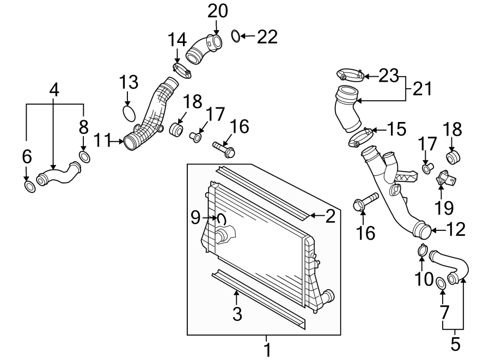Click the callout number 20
click(217, 10)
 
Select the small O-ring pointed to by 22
click(236, 36)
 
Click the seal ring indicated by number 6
click(30, 187)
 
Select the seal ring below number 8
click(85, 157)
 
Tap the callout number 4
click(53, 90)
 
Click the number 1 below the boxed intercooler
click(267, 347)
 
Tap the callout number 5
click(455, 344)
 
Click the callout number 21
click(422, 88)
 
